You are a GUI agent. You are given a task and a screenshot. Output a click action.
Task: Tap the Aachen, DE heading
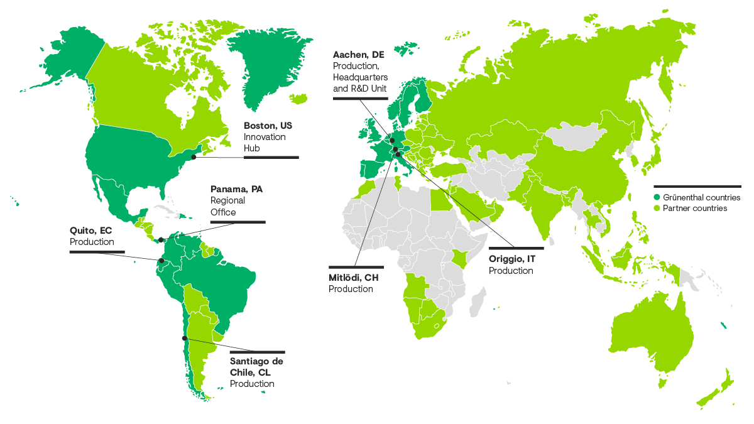point(358,55)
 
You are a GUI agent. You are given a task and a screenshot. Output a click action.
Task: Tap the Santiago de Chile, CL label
point(256,366)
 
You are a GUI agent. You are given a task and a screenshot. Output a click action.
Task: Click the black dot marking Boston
point(194,156)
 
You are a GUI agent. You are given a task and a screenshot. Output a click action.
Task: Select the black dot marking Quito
point(161,260)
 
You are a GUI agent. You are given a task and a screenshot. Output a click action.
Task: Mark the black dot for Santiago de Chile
point(184,338)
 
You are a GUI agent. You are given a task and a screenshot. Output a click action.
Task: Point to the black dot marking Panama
point(161,239)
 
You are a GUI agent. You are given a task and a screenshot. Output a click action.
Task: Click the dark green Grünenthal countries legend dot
point(657,197)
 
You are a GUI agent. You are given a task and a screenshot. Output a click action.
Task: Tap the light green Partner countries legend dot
point(657,208)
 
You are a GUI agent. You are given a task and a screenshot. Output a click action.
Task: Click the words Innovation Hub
point(264,143)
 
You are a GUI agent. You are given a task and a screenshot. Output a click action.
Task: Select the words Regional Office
point(227,207)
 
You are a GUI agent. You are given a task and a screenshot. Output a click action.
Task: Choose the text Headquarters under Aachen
point(360,77)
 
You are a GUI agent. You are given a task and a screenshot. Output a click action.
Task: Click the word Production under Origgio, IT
point(511,271)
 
